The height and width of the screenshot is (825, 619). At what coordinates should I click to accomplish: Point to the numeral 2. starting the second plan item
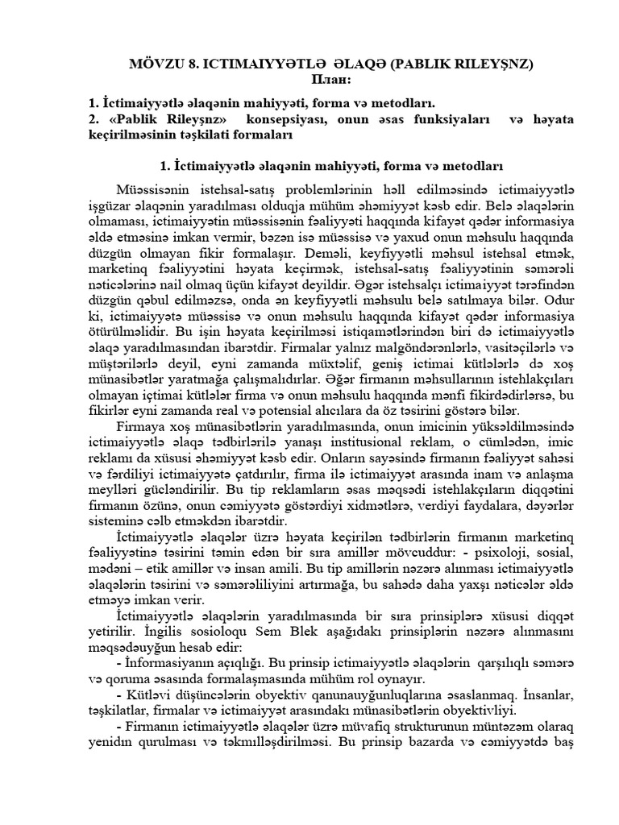pos(93,118)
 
